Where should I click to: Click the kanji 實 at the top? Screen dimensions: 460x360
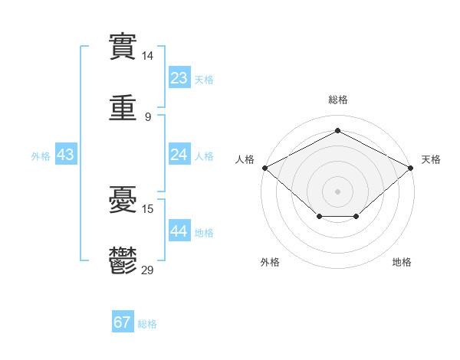point(123,47)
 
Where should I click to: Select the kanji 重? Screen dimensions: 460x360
point(123,107)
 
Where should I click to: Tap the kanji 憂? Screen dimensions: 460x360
point(123,199)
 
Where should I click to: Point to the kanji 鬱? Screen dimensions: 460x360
point(123,260)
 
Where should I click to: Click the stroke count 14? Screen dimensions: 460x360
point(147,56)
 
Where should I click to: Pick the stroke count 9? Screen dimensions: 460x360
point(148,117)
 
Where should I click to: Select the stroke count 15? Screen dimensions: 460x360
point(147,209)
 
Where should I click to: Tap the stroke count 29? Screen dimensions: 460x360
point(147,270)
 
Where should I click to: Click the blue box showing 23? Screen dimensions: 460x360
point(179,77)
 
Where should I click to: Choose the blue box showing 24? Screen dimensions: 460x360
point(179,154)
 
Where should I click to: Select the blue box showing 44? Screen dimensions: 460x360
point(179,230)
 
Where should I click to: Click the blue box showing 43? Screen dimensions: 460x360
point(66,154)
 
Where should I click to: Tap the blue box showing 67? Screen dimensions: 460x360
point(123,321)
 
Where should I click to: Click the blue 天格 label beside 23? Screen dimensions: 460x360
point(204,80)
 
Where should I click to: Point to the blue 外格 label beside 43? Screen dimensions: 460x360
point(41,156)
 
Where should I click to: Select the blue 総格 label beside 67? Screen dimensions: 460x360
point(147,324)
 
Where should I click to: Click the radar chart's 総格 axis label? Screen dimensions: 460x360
point(338,100)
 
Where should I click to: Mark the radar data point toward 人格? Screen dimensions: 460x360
point(265,168)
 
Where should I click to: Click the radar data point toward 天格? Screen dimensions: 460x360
point(411,168)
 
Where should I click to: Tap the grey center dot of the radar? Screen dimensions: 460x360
point(337,191)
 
